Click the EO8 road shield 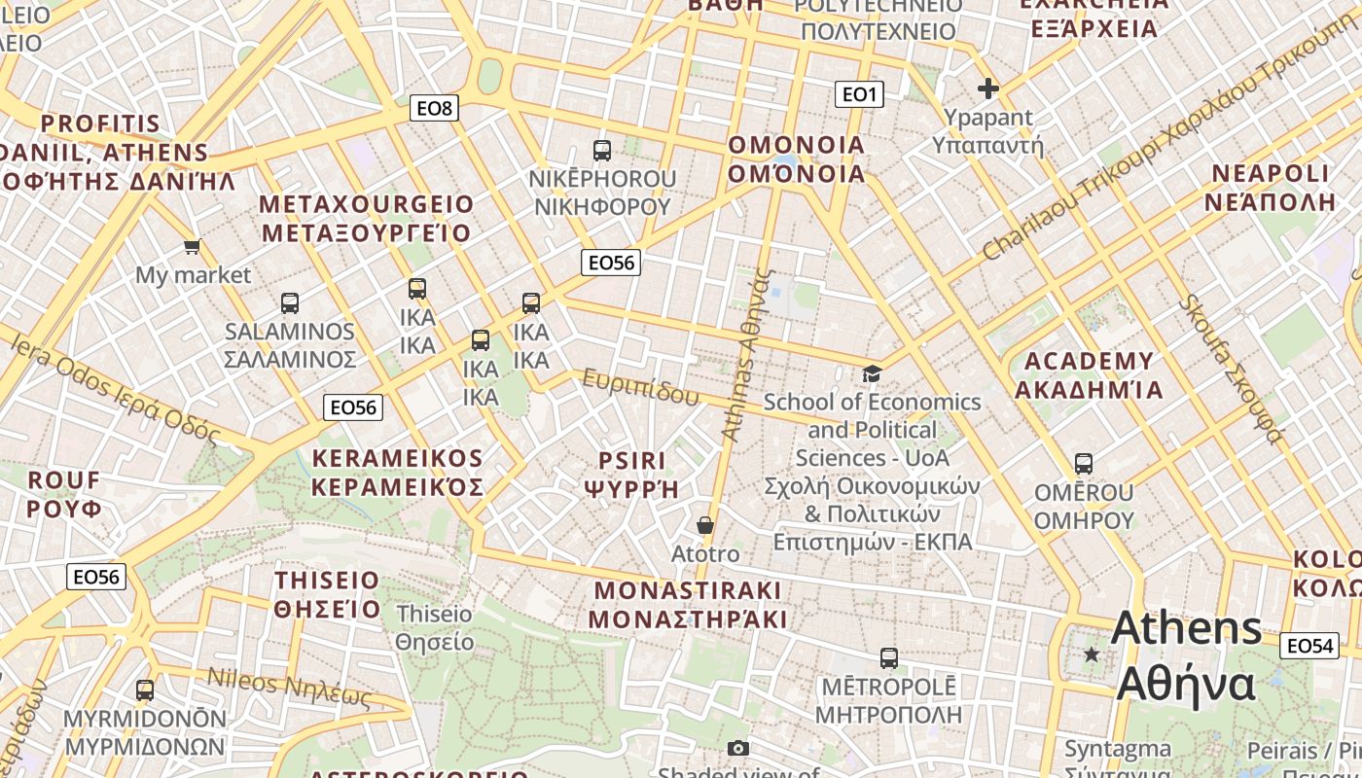(434, 108)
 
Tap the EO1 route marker (859, 94)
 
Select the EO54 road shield (1308, 646)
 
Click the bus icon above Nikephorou (602, 151)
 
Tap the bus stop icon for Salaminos (290, 303)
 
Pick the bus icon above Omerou (1084, 464)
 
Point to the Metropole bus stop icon (888, 658)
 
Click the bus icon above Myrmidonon (145, 690)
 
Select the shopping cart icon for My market (193, 247)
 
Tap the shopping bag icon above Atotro (705, 525)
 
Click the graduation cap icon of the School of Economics (872, 373)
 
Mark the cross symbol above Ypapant (988, 89)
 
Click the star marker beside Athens (1092, 654)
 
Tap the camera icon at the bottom (738, 748)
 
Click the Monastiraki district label (688, 605)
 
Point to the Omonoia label (797, 159)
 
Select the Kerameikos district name (397, 473)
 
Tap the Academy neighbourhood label (1089, 375)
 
